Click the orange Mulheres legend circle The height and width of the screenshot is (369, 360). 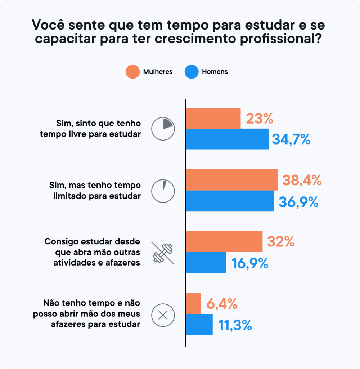(132, 72)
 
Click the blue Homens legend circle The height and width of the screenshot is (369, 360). (192, 72)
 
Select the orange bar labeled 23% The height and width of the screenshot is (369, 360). (213, 118)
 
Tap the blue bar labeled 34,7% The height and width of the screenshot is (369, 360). (227, 139)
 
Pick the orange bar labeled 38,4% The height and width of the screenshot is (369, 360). (231, 180)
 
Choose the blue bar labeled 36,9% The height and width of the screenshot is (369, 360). (230, 201)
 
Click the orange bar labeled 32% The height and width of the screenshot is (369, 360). (224, 241)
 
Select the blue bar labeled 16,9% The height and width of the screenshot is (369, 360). (206, 262)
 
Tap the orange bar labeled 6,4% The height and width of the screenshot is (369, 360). (193, 303)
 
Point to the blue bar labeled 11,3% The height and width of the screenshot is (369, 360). (199, 324)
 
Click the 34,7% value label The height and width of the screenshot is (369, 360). (291, 139)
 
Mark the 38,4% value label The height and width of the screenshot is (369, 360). (302, 180)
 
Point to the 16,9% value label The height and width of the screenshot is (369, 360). (250, 263)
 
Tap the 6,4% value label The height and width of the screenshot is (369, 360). (222, 304)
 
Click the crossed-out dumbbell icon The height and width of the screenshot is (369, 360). (163, 253)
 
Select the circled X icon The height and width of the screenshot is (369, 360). (163, 315)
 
